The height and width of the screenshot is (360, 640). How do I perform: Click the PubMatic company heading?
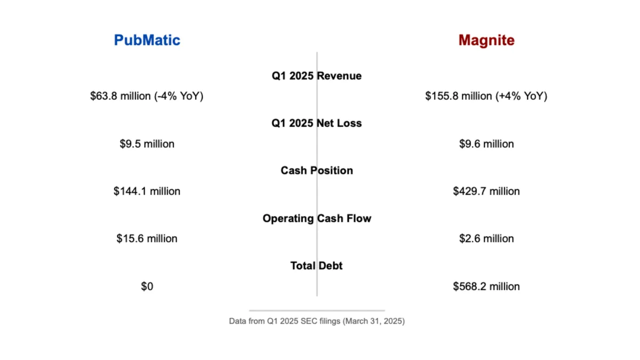point(147,40)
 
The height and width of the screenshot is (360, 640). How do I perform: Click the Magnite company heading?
point(486,40)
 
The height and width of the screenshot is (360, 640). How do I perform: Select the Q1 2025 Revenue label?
point(317,76)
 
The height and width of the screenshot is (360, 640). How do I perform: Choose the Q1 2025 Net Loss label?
point(317,123)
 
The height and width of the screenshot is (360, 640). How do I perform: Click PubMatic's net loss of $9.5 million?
point(147,144)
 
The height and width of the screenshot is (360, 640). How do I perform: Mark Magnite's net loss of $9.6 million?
point(486,144)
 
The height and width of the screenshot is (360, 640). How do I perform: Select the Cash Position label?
point(317,171)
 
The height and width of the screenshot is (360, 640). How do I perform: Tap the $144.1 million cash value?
point(147,191)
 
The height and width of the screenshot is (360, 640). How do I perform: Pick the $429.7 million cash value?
point(486,191)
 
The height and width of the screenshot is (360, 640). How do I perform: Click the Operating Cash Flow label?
point(317,219)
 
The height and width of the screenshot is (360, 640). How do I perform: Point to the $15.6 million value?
point(147,238)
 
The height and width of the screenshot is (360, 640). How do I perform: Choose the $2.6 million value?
point(486,238)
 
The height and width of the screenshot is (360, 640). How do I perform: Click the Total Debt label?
point(317,266)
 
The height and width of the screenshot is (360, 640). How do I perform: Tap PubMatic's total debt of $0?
point(147,286)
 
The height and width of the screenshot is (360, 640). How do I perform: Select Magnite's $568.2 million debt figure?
point(486,286)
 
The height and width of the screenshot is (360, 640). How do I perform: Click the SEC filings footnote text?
point(317,322)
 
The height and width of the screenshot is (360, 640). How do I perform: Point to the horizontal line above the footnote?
point(317,310)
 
